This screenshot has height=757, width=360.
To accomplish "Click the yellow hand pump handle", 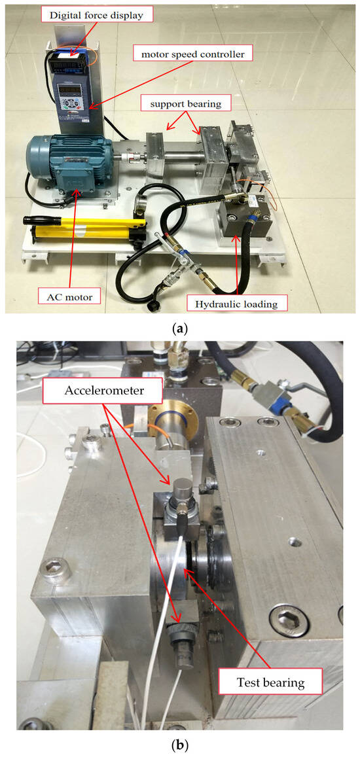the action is point(84,221).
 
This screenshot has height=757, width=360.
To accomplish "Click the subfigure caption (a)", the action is point(180,329).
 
